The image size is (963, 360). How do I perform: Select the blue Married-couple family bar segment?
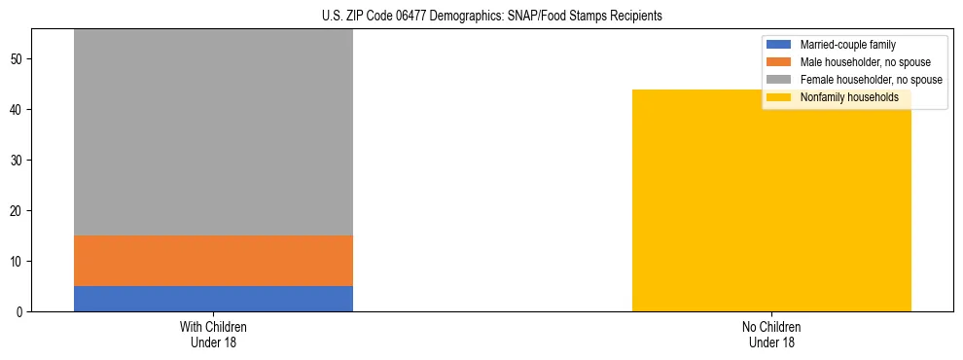[x=213, y=299]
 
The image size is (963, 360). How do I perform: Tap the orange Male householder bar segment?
[x=213, y=261]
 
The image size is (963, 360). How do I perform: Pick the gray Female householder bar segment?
[x=213, y=132]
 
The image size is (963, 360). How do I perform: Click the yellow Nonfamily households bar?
[x=771, y=200]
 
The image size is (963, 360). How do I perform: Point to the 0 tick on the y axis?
[x=20, y=312]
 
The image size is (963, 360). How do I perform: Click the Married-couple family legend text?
[x=847, y=45]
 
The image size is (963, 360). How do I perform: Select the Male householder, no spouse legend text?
[x=859, y=62]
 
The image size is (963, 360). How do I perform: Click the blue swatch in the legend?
[x=779, y=45]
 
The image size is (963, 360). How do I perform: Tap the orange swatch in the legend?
[x=779, y=62]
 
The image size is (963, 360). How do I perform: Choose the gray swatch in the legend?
[x=779, y=80]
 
